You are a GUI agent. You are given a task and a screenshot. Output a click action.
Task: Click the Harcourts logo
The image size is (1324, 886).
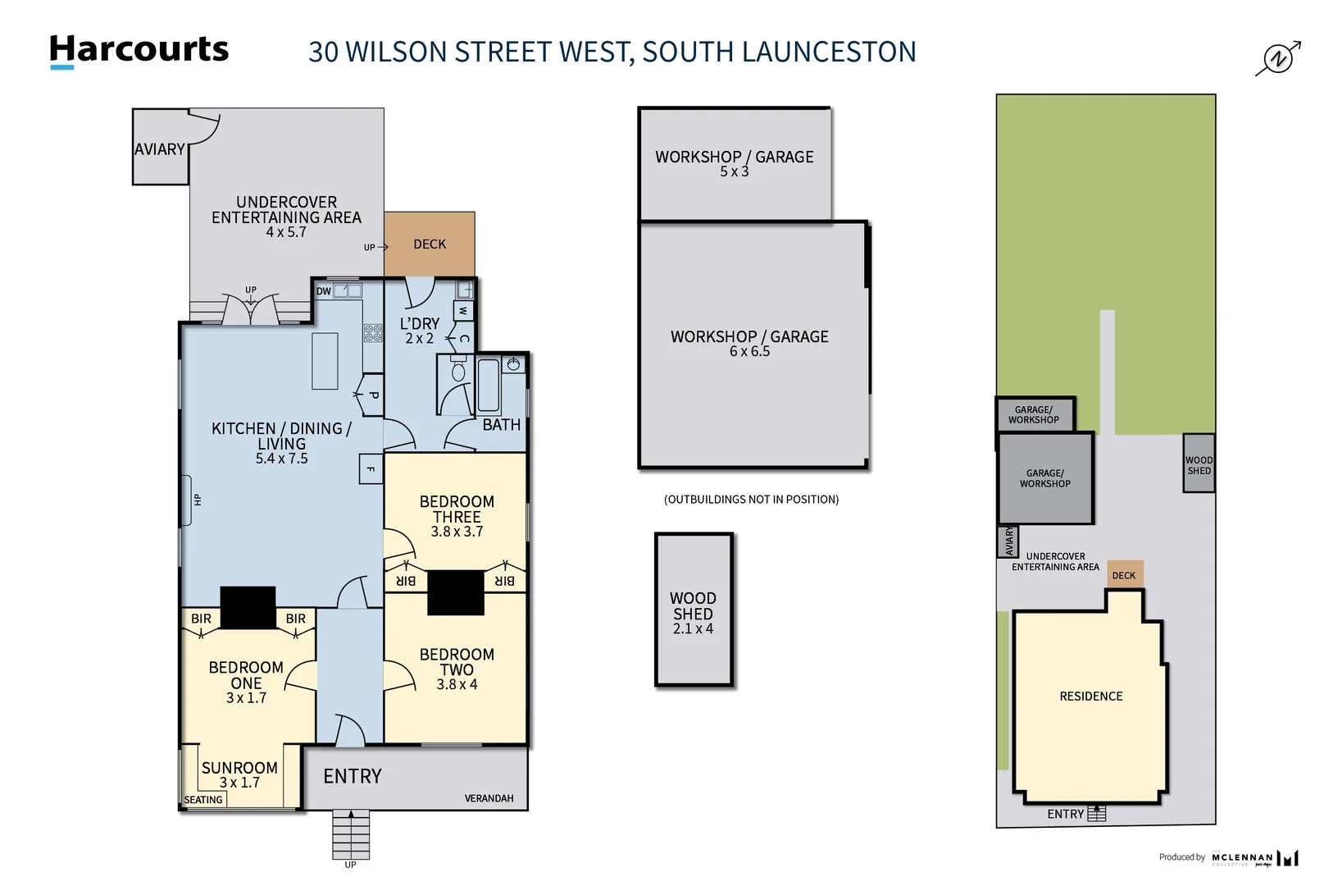(x=139, y=50)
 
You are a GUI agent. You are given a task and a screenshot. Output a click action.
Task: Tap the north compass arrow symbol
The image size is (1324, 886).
(x=1278, y=58)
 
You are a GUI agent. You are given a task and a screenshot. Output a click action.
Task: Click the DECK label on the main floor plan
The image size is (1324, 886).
(x=430, y=244)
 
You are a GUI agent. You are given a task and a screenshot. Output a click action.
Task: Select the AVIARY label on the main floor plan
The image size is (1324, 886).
(x=160, y=149)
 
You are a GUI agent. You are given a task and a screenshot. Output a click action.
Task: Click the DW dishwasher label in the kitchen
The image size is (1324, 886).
(x=324, y=291)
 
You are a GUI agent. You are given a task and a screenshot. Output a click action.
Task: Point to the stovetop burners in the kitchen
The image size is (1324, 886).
(x=373, y=332)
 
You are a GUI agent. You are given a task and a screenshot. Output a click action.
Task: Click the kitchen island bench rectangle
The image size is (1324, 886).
(x=325, y=361)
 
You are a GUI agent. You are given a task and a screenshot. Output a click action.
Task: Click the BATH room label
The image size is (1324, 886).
(x=501, y=425)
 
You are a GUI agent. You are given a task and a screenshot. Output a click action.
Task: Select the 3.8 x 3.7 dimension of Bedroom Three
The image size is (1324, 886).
(x=457, y=532)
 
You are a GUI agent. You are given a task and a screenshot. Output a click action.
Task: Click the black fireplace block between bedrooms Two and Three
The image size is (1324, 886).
(x=456, y=592)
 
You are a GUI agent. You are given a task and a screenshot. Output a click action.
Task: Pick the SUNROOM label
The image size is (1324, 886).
(x=239, y=768)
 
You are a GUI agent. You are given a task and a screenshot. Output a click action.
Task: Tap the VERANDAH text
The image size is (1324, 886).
(x=489, y=798)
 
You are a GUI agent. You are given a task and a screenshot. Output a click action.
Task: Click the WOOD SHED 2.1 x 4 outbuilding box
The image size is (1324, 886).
(x=694, y=610)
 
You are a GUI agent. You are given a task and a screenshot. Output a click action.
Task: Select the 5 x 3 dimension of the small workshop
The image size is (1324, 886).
(x=734, y=172)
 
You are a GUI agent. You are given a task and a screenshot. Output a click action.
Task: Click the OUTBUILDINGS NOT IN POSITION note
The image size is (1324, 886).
(x=751, y=499)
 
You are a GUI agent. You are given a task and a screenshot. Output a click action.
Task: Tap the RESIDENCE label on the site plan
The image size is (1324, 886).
(x=1090, y=696)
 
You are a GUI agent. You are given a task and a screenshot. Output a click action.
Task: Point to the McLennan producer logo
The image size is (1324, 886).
(x=1254, y=858)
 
